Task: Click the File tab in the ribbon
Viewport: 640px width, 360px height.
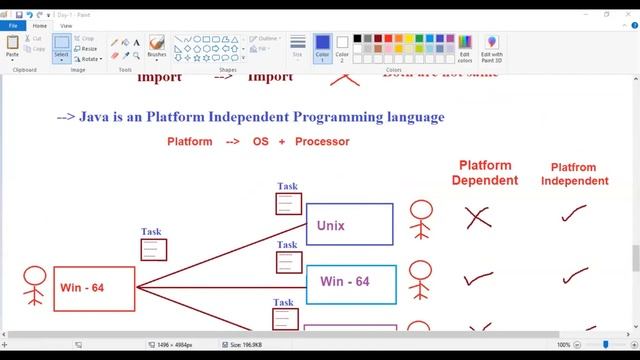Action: tap(13, 26)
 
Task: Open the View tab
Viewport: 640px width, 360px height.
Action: tap(66, 26)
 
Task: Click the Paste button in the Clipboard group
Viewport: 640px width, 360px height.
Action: tap(13, 47)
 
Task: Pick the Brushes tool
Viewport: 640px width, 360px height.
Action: tap(157, 47)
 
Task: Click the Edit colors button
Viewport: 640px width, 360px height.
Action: tap(465, 48)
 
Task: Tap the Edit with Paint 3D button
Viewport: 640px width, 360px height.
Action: tap(492, 48)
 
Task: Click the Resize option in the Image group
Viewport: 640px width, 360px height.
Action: tap(87, 48)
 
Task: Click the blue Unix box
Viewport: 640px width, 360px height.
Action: tap(349, 225)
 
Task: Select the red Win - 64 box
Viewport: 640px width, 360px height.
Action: tap(94, 288)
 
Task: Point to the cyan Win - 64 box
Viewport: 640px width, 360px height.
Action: tap(350, 284)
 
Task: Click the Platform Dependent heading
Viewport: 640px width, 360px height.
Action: tap(485, 173)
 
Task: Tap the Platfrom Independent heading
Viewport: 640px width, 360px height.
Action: tap(574, 174)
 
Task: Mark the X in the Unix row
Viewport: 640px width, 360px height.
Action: tap(477, 217)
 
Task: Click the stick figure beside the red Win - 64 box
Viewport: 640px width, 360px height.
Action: tap(35, 286)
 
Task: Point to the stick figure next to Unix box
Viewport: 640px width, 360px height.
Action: tap(421, 222)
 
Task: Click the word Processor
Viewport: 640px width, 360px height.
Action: tap(322, 142)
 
